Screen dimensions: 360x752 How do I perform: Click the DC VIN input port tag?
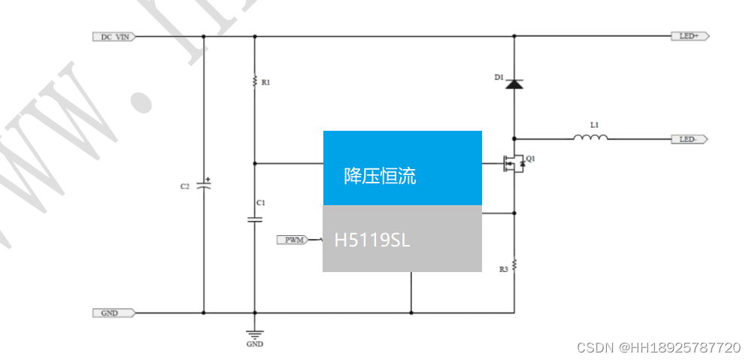(x=113, y=36)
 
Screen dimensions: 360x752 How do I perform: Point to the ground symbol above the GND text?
(x=255, y=334)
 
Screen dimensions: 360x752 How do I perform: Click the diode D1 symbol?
(x=514, y=83)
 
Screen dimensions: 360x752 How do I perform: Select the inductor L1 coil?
(x=590, y=138)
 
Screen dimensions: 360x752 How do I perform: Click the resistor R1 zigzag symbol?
(x=255, y=81)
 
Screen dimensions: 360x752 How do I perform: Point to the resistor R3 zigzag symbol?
(x=514, y=265)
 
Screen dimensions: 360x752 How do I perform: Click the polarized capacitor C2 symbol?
(x=204, y=185)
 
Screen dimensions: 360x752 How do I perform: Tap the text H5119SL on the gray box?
(x=372, y=241)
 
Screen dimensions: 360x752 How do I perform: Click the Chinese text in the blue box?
(x=380, y=177)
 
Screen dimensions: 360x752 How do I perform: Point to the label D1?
(x=499, y=78)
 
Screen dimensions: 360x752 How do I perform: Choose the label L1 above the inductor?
(x=595, y=124)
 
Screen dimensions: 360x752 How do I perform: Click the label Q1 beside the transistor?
(x=531, y=159)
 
